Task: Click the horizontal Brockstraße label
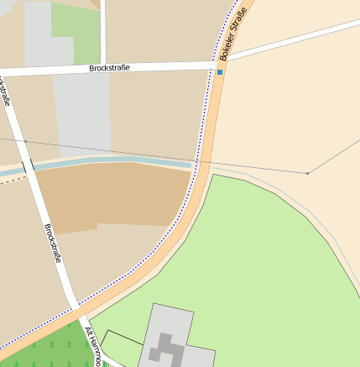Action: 109,67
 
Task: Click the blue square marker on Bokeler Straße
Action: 221,72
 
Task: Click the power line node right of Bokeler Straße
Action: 307,173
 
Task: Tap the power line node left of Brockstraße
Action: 25,141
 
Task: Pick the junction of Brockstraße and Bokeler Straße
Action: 214,63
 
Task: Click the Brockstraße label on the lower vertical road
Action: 52,244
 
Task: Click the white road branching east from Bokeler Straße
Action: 294,40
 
